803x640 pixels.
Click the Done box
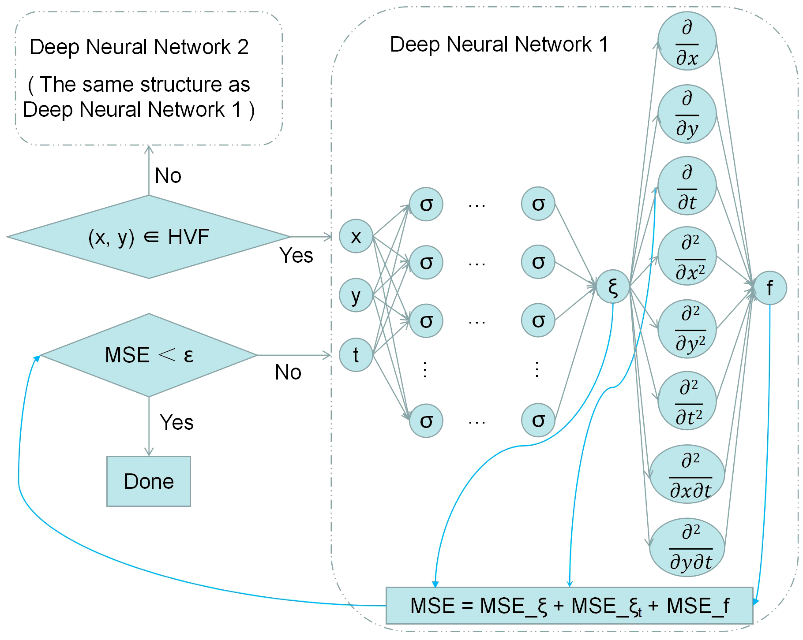tap(149, 481)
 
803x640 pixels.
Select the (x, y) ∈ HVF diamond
tap(149, 237)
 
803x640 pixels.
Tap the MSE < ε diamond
tap(149, 355)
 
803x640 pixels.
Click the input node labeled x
tap(356, 237)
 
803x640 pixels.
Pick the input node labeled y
tap(356, 295)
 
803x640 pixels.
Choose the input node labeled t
tap(356, 355)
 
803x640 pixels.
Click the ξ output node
tap(613, 287)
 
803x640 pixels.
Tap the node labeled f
tap(770, 288)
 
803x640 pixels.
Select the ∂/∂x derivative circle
tap(687, 41)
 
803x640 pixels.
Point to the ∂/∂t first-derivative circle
tap(687, 186)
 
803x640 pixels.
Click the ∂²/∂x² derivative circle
tap(687, 257)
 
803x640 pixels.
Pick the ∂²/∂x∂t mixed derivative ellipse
tap(687, 474)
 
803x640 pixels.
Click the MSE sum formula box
tap(569, 606)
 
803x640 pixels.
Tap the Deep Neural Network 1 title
tap(499, 45)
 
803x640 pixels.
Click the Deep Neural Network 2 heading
tap(139, 47)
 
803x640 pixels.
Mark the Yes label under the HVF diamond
tap(296, 255)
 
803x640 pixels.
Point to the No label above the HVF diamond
tap(168, 176)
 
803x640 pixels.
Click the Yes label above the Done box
tap(176, 422)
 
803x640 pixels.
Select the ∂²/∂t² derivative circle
tap(687, 401)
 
